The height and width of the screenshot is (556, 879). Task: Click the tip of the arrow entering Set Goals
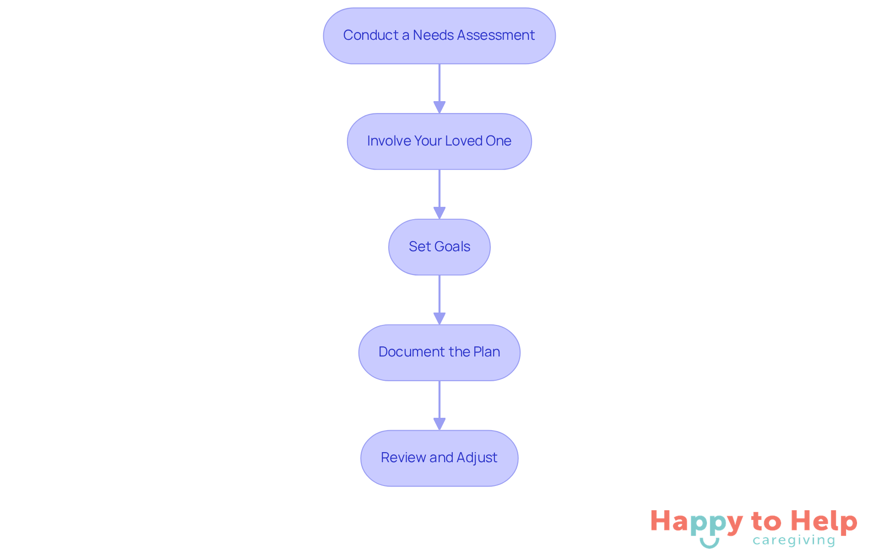click(439, 219)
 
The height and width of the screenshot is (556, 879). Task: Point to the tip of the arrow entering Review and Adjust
click(439, 430)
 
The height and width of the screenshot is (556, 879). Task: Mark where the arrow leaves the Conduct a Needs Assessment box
click(439, 64)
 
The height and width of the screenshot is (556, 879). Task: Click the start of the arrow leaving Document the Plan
click(439, 381)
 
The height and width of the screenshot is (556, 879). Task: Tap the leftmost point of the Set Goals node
click(389, 247)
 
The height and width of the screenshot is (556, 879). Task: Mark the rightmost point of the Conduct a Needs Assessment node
click(555, 36)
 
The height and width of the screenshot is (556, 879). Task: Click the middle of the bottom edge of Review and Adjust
click(439, 486)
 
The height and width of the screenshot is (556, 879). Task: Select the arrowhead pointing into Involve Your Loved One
click(439, 108)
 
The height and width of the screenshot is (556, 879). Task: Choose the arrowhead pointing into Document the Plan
click(439, 319)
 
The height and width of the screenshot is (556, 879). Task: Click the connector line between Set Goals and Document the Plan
click(439, 300)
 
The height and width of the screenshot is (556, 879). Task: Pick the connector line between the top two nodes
click(439, 89)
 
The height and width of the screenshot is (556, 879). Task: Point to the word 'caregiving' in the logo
click(794, 541)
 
